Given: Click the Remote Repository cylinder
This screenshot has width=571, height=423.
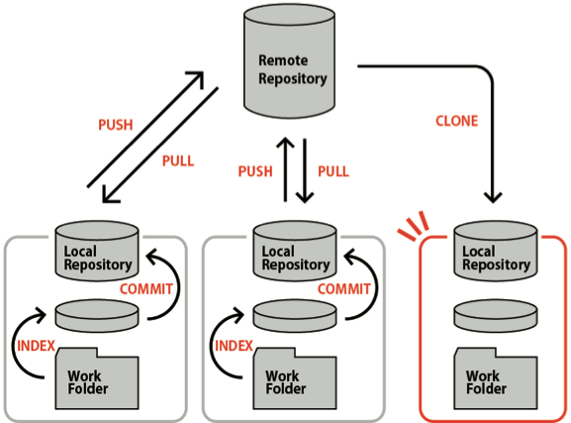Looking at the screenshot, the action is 289,61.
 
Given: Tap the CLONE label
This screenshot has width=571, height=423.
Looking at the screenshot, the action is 456,121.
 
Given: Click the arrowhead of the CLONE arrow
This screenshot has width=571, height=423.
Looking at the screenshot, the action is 493,197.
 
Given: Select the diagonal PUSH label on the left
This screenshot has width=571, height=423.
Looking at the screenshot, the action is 116,125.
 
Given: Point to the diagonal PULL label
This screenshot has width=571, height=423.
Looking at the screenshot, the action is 178,160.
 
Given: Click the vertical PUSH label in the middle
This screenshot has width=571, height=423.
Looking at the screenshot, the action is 255,171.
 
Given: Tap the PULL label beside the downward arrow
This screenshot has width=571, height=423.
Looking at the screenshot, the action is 333,171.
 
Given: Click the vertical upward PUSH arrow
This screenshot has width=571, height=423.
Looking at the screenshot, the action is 285,169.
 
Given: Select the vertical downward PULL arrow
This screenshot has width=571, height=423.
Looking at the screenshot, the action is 305,170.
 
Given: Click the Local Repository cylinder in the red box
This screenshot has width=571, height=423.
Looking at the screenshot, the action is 496,251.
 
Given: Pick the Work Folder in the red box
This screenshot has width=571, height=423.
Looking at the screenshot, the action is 496,378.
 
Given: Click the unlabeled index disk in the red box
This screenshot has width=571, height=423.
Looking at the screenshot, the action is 496,316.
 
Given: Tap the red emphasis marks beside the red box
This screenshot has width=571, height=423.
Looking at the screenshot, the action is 414,226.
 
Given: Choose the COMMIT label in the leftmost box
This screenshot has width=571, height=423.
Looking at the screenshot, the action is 146,289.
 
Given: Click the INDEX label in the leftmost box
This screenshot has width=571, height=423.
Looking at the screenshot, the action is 36,346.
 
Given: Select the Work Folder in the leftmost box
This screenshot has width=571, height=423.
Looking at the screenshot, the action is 97,378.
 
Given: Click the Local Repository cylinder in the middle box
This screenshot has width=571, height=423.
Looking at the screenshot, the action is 295,251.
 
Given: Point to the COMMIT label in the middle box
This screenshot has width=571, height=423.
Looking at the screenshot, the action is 344,289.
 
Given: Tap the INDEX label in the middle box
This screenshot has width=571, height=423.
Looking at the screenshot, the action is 234,346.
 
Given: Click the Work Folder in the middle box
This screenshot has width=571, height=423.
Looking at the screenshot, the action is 295,378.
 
